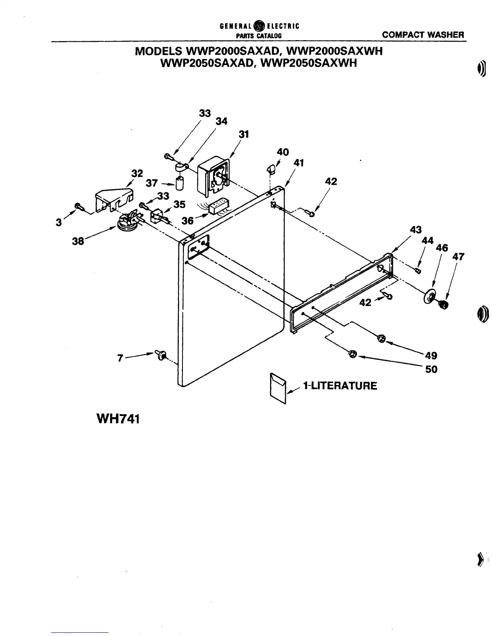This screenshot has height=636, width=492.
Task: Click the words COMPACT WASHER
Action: (423, 35)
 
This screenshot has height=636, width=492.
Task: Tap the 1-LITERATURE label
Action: (340, 386)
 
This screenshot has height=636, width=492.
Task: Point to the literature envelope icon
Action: (278, 388)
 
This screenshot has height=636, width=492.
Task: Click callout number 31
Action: (244, 135)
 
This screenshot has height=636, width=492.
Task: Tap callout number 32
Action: (137, 173)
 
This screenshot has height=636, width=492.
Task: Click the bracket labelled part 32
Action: (114, 200)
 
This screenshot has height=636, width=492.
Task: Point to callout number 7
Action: (120, 358)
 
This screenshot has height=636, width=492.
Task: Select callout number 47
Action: (458, 256)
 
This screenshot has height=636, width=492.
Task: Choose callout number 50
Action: (431, 369)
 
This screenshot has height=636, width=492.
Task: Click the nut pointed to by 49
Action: (381, 339)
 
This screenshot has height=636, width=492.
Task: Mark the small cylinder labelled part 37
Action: (180, 183)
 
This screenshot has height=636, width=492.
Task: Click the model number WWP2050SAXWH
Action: (309, 63)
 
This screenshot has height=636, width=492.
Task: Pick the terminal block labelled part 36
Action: (217, 206)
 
